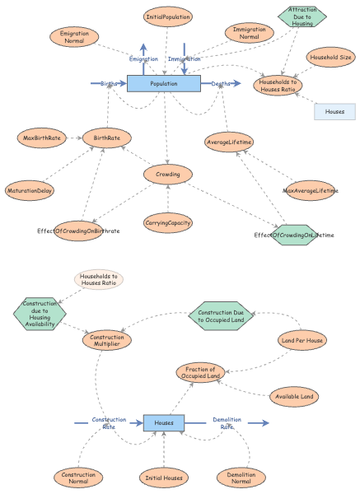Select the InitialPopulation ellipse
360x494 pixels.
coord(168,16)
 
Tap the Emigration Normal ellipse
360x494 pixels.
coord(74,37)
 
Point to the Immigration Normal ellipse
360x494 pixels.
coord(255,33)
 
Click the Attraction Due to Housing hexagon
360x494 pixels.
coord(302,15)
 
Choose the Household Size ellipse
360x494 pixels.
coord(330,58)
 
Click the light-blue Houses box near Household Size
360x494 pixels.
coord(334,111)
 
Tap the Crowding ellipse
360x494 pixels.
coord(168,174)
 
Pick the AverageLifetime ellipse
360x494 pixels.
coord(230,142)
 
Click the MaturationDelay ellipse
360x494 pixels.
coord(30,191)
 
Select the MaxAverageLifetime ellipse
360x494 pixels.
coord(311,191)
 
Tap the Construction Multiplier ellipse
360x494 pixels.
coord(107,341)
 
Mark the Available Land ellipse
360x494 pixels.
coord(294,397)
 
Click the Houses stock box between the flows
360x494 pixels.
coord(164,422)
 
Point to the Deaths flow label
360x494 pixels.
coord(221,84)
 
